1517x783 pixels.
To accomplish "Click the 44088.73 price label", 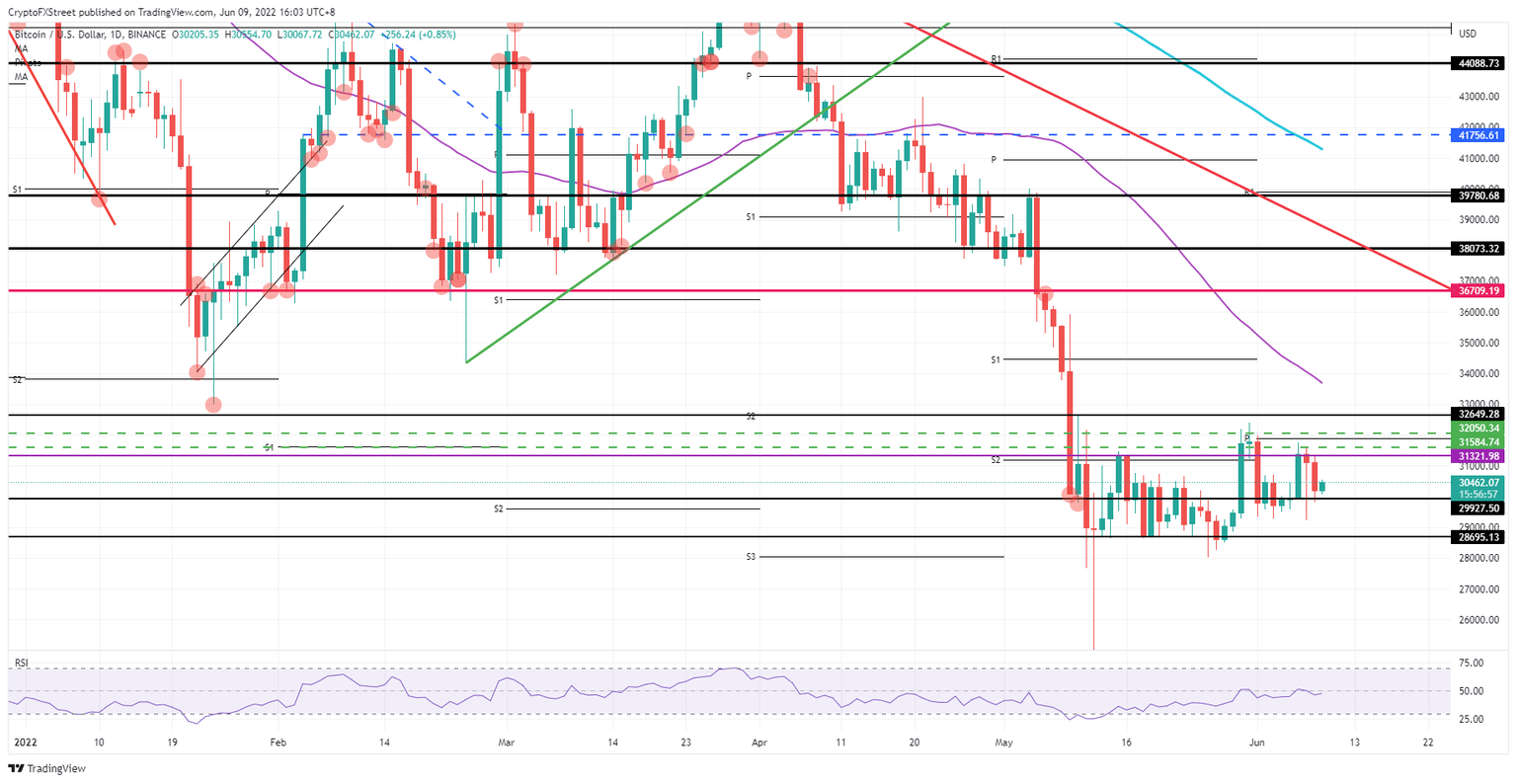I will pos(1478,62).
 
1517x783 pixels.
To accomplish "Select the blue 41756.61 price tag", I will pos(1478,135).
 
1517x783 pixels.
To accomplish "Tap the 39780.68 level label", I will pos(1478,196).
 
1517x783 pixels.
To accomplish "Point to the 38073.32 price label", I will pos(1478,249).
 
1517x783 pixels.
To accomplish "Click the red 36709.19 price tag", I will pos(1478,291).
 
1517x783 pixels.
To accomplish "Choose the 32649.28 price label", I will pos(1478,415).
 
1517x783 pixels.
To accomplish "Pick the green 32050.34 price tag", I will pos(1478,429).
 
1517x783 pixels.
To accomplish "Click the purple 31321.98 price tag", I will pos(1478,456).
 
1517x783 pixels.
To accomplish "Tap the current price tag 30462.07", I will pos(1478,482).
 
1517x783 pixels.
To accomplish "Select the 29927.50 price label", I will pos(1478,508).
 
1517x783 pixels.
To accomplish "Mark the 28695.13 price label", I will pos(1478,537).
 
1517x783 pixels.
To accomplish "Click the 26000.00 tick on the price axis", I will pos(1475,620).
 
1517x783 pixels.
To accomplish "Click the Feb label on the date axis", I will pos(278,741).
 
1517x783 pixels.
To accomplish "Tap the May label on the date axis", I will pos(1004,741).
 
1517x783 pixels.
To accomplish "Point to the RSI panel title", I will pos(20,660).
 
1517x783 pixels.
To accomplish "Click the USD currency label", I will pos(1468,34).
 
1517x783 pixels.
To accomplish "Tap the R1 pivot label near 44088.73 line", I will pos(997,60).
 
